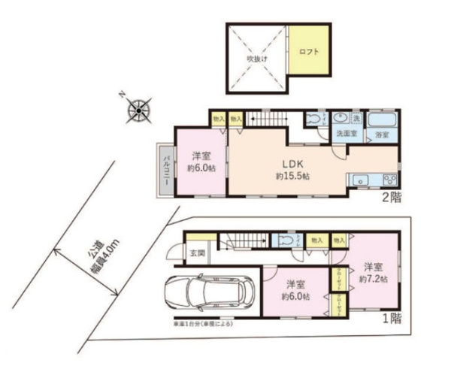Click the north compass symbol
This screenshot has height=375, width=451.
coord(140,111)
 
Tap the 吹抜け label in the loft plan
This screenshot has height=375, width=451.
coord(258,57)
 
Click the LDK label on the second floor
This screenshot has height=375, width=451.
coord(292,164)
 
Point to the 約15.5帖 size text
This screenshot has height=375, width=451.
coord(292,177)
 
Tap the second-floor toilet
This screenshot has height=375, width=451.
coord(313,118)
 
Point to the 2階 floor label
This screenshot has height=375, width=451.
coord(391,198)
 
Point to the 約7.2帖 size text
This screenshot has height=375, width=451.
coord(372,279)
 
